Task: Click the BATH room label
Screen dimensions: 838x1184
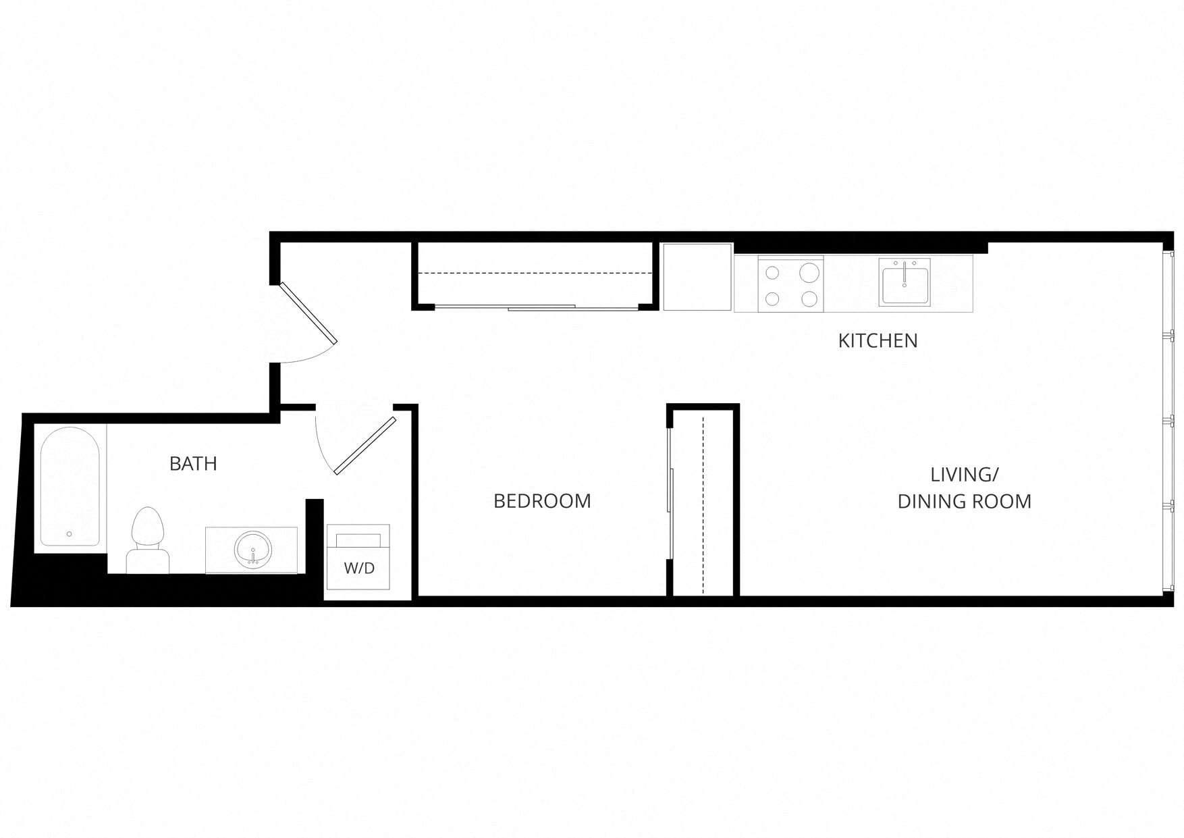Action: [193, 464]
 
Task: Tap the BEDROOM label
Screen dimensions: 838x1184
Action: [542, 501]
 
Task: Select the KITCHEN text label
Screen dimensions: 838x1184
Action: [878, 341]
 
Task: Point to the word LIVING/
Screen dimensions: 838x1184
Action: [964, 475]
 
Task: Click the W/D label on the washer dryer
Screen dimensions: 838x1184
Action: [359, 569]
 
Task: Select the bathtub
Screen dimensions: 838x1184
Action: [70, 486]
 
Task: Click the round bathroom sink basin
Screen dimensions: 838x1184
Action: [252, 549]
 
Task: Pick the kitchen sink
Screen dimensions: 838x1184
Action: [905, 282]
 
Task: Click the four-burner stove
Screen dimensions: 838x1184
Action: [790, 284]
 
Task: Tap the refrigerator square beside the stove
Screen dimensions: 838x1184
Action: [697, 277]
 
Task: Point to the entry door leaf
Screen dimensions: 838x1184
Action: [308, 313]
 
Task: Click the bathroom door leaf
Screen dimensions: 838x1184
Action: [365, 446]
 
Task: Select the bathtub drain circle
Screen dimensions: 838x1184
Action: [70, 534]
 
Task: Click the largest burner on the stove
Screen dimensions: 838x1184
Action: [809, 273]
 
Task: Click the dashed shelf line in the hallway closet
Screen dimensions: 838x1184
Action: [533, 273]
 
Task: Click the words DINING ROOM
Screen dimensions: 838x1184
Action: [964, 502]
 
